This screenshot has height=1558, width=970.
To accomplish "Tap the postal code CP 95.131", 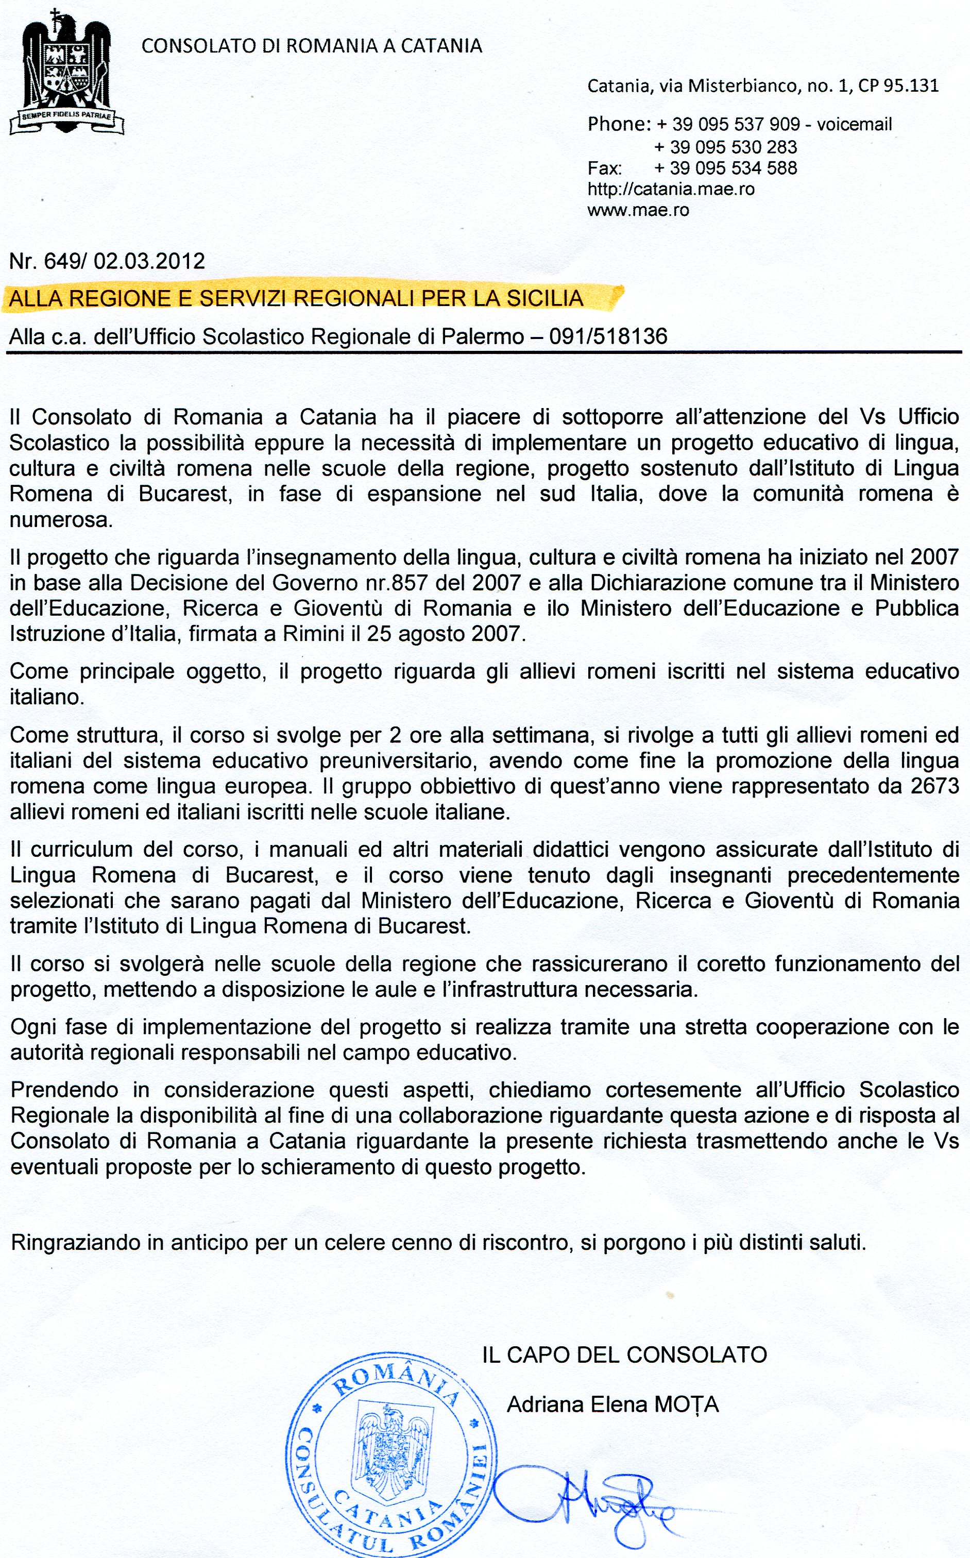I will click(x=898, y=86).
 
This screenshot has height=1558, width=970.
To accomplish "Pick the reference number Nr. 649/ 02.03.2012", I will click(x=107, y=261).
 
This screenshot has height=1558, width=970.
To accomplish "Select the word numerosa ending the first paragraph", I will click(x=60, y=520).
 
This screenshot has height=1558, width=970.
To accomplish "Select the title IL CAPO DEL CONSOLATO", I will click(x=624, y=1354).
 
